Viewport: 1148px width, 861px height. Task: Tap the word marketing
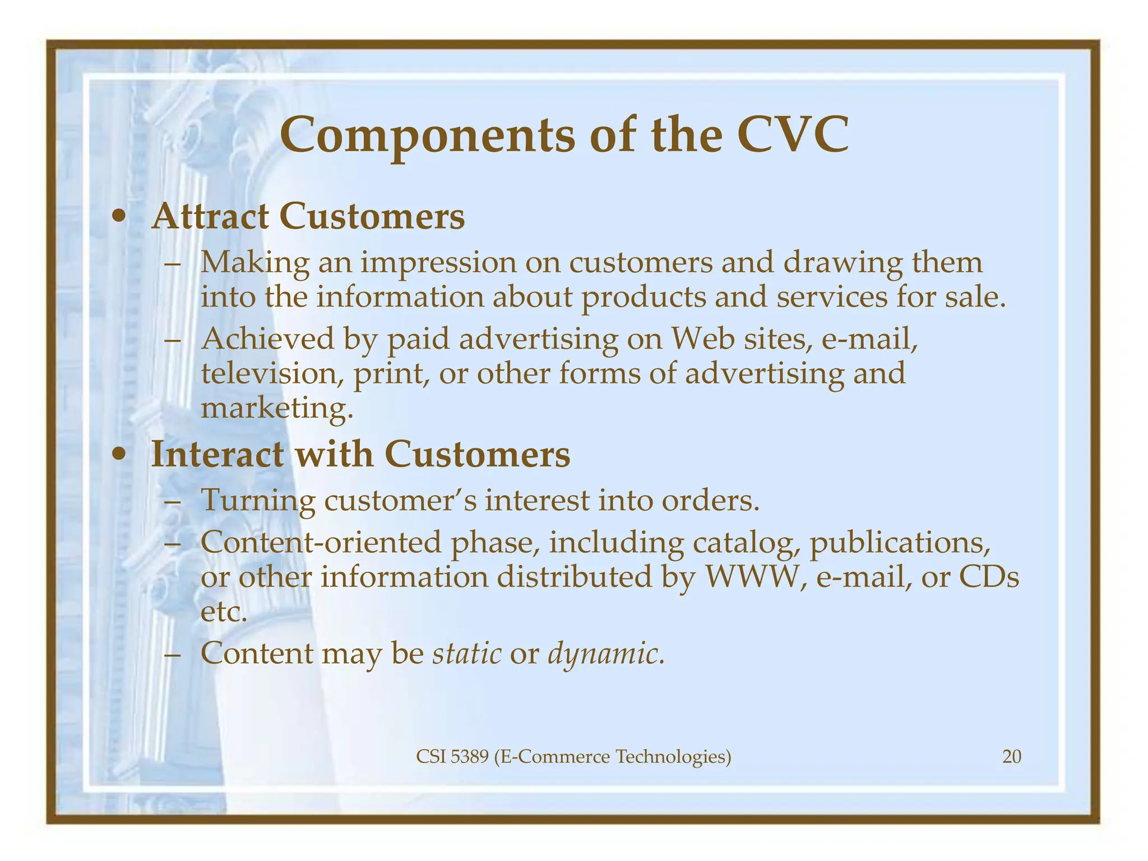coord(277,408)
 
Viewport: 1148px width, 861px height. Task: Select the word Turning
coord(258,500)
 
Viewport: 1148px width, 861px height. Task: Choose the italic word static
coord(467,653)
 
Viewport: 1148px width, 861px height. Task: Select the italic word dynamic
coord(606,654)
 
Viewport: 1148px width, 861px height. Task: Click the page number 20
coord(1012,757)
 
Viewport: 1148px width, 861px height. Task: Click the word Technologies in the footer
coord(673,757)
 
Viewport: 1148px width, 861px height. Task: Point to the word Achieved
coord(267,339)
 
